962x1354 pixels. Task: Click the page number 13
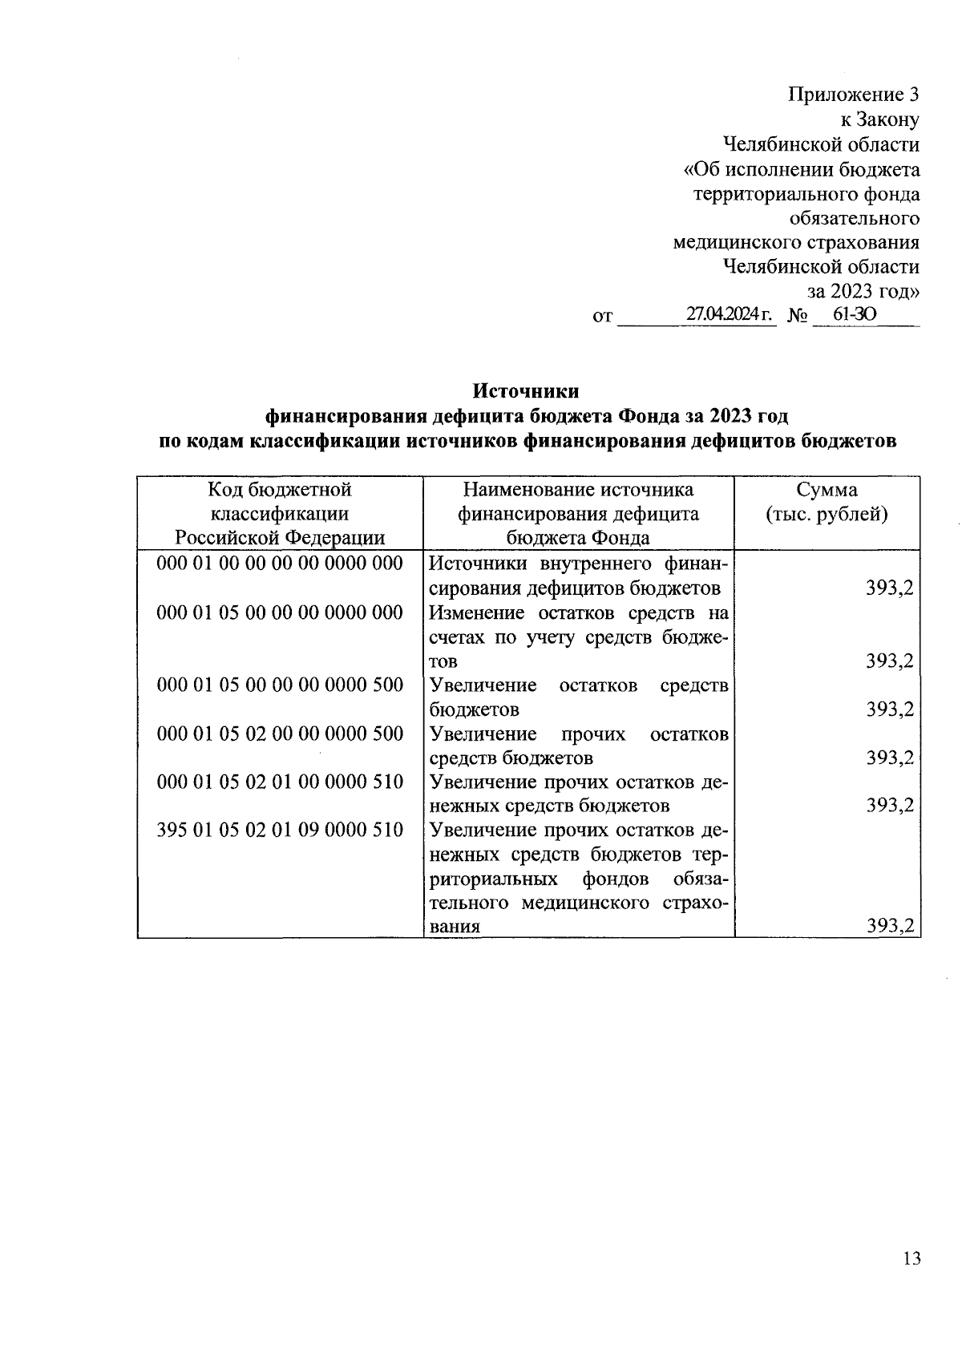tap(911, 1259)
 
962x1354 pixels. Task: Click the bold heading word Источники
tap(526, 391)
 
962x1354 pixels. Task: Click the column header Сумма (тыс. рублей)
tap(827, 502)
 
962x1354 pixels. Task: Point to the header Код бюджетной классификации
tap(280, 502)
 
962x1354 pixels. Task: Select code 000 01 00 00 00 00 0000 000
tap(280, 564)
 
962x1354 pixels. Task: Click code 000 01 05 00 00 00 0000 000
tap(280, 612)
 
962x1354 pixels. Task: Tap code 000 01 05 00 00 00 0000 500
tap(280, 685)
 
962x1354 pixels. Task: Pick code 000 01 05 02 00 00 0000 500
tap(280, 734)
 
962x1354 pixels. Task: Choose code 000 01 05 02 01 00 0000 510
tap(280, 782)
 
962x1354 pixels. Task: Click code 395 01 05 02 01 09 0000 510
tap(280, 830)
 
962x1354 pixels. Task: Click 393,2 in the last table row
tap(890, 927)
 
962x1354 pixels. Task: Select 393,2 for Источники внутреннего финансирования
tap(890, 588)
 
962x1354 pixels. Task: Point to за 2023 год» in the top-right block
tap(863, 290)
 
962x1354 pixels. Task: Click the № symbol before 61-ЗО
tap(797, 317)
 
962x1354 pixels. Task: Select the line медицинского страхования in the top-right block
tap(796, 242)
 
